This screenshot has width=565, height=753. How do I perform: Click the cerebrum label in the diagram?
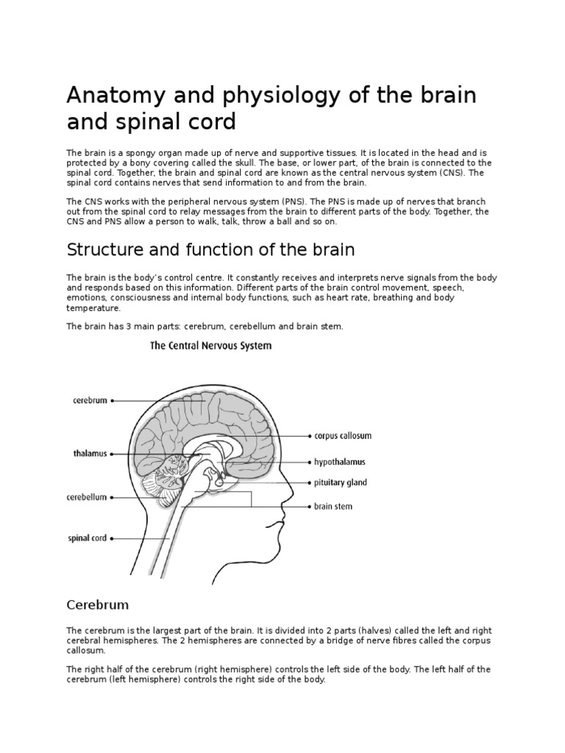pyautogui.click(x=90, y=401)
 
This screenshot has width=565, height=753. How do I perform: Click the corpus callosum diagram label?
pyautogui.click(x=343, y=435)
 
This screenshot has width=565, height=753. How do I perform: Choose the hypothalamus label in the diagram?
pyautogui.click(x=339, y=462)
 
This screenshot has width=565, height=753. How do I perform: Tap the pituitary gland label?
pyautogui.click(x=340, y=483)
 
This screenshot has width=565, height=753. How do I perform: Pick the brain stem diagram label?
pyautogui.click(x=333, y=507)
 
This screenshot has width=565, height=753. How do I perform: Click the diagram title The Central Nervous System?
pyautogui.click(x=210, y=346)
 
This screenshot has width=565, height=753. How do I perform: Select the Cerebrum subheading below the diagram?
pyautogui.click(x=97, y=605)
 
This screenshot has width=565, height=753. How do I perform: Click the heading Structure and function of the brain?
pyautogui.click(x=210, y=250)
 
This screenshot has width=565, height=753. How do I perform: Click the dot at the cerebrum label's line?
pyautogui.click(x=112, y=401)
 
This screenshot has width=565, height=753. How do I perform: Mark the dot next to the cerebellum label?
pyautogui.click(x=112, y=498)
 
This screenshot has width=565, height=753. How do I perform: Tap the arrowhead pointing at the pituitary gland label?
pyautogui.click(x=308, y=483)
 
